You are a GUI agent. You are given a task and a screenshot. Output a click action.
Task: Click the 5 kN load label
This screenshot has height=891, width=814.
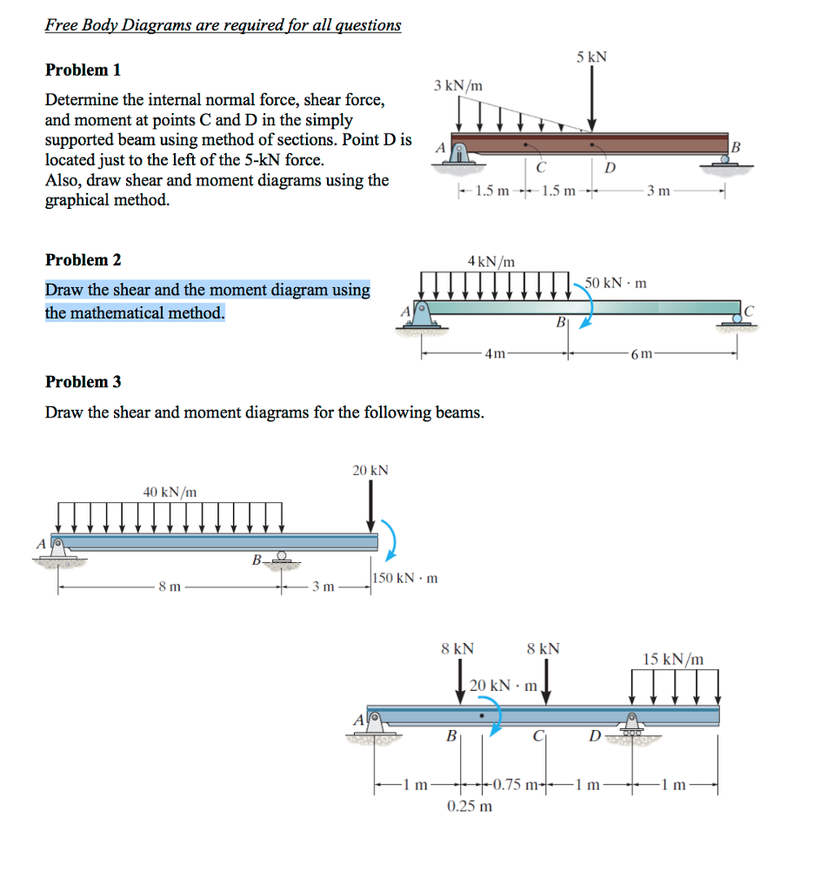pyautogui.click(x=591, y=57)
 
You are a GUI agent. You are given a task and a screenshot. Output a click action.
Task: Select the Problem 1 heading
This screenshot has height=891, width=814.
pyautogui.click(x=83, y=70)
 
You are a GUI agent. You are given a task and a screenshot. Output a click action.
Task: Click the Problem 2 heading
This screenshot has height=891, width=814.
pyautogui.click(x=83, y=259)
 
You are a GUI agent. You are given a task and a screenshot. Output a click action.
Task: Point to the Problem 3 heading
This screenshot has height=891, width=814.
pyautogui.click(x=83, y=381)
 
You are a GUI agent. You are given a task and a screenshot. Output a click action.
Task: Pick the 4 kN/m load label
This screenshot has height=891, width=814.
pyautogui.click(x=491, y=260)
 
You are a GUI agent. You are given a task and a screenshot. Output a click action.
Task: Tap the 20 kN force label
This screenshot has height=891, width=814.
pyautogui.click(x=370, y=470)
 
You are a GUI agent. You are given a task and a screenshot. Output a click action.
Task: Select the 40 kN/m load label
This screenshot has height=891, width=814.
pyautogui.click(x=170, y=492)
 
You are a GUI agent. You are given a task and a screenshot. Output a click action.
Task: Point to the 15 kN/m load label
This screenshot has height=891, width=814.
pyautogui.click(x=674, y=659)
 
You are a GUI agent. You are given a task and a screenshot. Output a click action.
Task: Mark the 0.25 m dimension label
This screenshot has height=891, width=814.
pyautogui.click(x=470, y=806)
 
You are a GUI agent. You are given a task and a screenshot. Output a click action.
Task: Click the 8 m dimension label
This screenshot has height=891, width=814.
pyautogui.click(x=170, y=587)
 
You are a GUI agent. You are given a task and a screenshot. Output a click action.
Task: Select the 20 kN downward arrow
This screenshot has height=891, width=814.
pyautogui.click(x=371, y=505)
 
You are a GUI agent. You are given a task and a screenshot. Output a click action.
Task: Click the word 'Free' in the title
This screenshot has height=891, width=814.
pyautogui.click(x=62, y=24)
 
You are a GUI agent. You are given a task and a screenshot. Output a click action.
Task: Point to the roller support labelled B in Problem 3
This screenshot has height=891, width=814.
pyautogui.click(x=281, y=559)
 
